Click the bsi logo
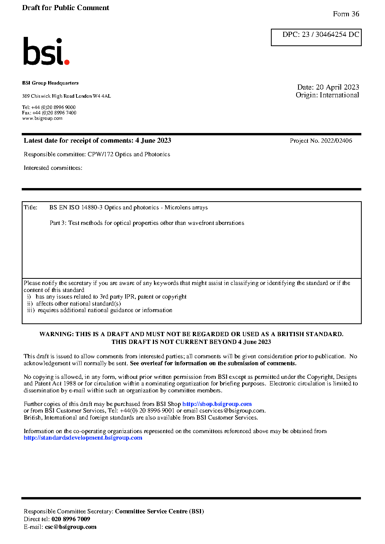46,51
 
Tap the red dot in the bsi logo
67,62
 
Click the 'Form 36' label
346,14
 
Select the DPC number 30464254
331,35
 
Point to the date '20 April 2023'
337,87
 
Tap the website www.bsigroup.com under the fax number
42,118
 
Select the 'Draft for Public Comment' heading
66,8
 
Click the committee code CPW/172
101,154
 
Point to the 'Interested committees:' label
53,168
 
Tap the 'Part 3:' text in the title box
58,223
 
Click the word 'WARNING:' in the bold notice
57,334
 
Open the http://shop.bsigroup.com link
217,404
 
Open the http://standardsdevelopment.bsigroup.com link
83,438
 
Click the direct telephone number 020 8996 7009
71,519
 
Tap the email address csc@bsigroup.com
71,527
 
